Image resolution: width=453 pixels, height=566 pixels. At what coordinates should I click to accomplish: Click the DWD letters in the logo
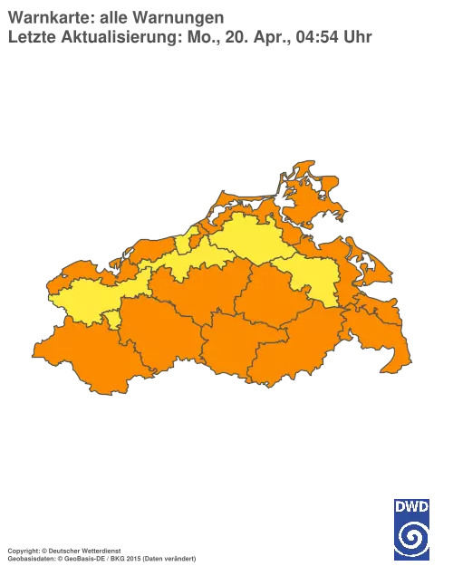412,505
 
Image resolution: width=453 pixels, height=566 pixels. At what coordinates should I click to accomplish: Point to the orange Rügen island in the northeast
313,195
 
